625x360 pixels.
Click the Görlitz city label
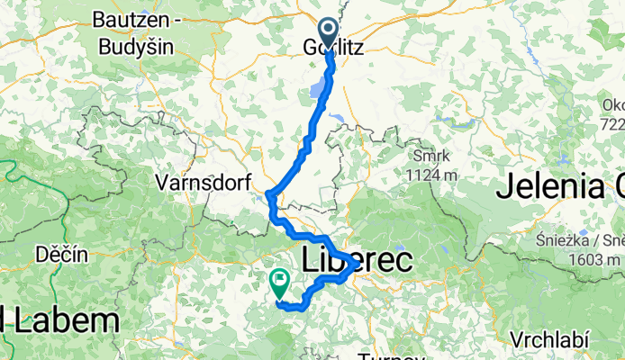click(335, 49)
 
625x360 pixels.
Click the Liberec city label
click(358, 260)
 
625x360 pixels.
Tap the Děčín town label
click(62, 255)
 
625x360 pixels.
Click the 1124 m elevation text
click(430, 175)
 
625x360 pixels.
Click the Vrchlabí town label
click(549, 340)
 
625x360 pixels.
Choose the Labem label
click(63, 320)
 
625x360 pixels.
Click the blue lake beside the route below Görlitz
click(319, 90)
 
